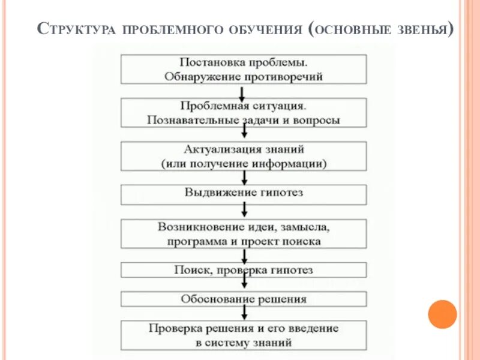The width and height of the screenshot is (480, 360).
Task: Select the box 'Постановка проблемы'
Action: pos(244,69)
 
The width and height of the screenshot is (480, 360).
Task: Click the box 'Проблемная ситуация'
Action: pos(244,113)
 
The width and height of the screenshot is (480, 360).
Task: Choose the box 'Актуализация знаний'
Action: pos(244,156)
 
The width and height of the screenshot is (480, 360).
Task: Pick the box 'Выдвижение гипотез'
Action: pos(244,194)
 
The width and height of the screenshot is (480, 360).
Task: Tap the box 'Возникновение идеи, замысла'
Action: pos(244,234)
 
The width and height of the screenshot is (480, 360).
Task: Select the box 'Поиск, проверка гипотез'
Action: pos(244,270)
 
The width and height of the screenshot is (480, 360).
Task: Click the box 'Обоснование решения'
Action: pos(244,299)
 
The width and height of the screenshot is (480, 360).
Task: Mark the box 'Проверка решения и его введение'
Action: pos(244,335)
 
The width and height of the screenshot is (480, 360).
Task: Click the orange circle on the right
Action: pos(443,314)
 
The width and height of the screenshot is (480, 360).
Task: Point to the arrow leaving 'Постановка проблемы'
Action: pos(241,92)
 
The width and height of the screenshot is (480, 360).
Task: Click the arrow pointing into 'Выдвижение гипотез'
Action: pos(244,178)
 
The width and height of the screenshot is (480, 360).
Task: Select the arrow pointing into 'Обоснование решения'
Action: pos(244,284)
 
